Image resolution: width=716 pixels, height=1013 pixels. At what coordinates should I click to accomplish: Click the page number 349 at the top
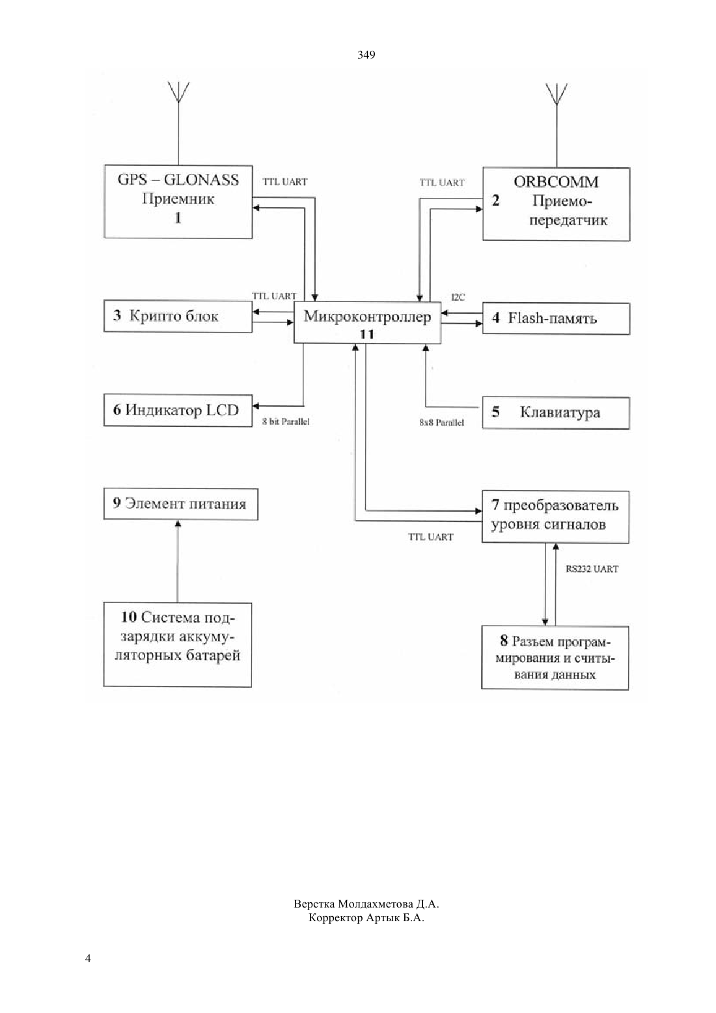[366, 55]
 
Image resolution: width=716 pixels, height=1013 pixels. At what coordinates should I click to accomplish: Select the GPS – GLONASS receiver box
[178, 202]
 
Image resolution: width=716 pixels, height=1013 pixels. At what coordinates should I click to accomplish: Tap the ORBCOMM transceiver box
[556, 204]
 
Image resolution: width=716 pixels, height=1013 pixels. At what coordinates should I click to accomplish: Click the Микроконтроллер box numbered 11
[367, 322]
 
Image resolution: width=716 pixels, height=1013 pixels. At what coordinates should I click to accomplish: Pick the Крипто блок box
[178, 316]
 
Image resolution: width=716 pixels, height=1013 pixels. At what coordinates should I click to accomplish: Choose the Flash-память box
[556, 318]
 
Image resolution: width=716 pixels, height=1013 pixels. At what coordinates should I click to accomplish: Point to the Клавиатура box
[555, 413]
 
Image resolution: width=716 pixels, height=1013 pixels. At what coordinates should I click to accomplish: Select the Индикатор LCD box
[178, 410]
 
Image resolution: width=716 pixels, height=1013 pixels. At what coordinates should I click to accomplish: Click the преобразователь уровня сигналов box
[555, 516]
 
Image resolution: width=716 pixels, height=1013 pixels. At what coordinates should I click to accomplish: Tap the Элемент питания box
[181, 504]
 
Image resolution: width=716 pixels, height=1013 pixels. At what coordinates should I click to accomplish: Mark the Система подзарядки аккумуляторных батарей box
[178, 645]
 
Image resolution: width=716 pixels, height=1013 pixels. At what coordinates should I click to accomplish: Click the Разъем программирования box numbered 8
[555, 658]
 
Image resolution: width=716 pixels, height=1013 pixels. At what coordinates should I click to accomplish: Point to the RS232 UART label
[592, 569]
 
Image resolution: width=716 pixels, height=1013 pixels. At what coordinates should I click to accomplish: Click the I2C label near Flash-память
[458, 297]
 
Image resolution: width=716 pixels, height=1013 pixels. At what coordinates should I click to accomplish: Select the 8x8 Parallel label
[441, 423]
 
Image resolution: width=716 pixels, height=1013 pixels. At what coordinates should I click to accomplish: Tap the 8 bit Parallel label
[286, 421]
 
